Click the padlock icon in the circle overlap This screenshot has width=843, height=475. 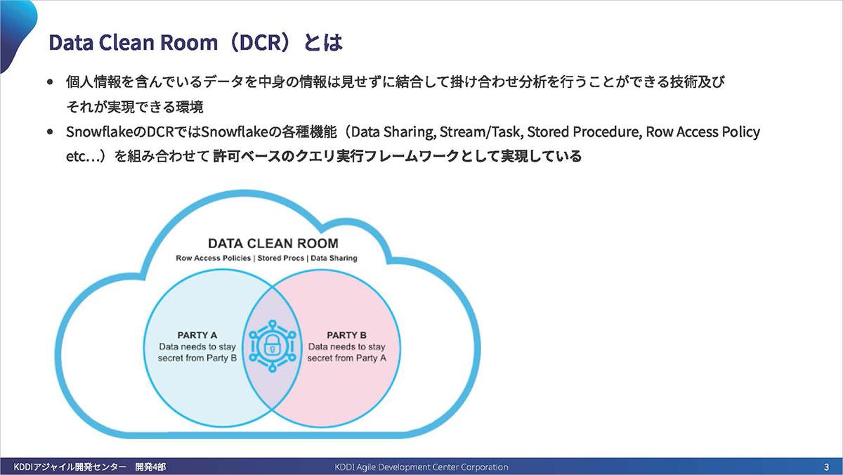pyautogui.click(x=271, y=346)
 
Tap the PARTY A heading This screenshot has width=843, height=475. pyautogui.click(x=197, y=335)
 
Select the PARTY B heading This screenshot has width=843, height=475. pyautogui.click(x=346, y=335)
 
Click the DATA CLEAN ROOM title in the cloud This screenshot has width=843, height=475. pyautogui.click(x=273, y=244)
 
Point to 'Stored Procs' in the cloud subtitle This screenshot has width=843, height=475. pyautogui.click(x=281, y=258)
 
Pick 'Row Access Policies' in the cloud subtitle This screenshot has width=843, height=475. pyautogui.click(x=213, y=258)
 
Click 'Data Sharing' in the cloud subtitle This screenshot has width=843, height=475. pyautogui.click(x=334, y=258)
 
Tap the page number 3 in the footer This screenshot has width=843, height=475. pyautogui.click(x=826, y=467)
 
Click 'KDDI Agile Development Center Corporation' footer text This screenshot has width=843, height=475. pyautogui.click(x=421, y=467)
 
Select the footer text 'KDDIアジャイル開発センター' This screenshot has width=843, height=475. pyautogui.click(x=70, y=467)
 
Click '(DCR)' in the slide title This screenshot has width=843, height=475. pyautogui.click(x=260, y=42)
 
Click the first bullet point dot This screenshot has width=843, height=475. pyautogui.click(x=50, y=82)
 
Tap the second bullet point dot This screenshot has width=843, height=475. pyautogui.click(x=50, y=132)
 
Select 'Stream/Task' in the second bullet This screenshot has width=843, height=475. pyautogui.click(x=482, y=132)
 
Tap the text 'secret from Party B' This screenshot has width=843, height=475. pyautogui.click(x=197, y=358)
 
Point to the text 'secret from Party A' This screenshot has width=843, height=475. pyautogui.click(x=346, y=358)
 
